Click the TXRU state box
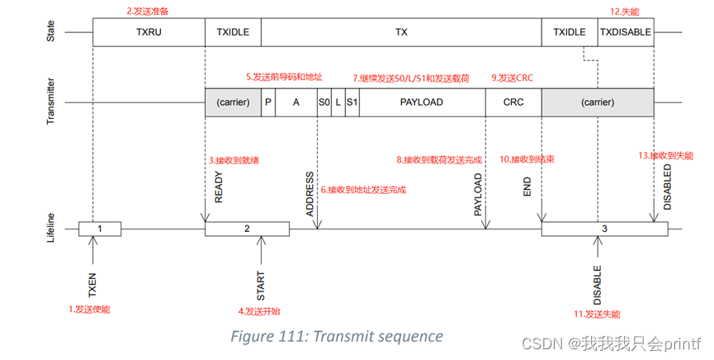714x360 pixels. pos(149,32)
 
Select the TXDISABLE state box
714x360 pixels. pos(626,32)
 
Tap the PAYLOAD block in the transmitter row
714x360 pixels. pos(421,102)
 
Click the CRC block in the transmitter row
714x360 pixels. pos(513,102)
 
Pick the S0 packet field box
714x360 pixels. pos(324,102)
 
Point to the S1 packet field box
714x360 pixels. pos(352,102)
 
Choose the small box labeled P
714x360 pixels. pos(268,102)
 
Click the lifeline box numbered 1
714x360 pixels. pos(100,228)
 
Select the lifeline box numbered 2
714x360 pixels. pos(247,228)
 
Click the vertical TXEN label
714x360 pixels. pos(92,282)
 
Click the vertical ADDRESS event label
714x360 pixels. pos(310,193)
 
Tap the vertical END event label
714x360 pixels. pos(527,189)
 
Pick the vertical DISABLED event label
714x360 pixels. pos(667,186)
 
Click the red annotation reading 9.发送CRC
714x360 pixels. pos(512,78)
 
